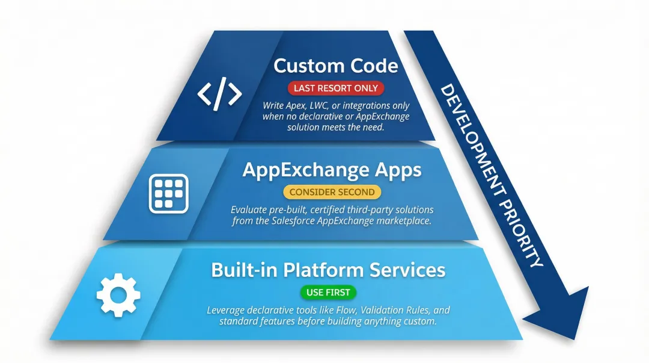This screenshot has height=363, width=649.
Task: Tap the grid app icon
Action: point(169,194)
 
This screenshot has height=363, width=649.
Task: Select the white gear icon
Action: point(118,294)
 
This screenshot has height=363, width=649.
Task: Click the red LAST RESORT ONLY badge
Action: point(335,88)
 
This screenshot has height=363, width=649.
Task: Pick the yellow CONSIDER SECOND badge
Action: point(332,192)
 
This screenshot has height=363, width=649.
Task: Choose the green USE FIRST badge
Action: point(328,293)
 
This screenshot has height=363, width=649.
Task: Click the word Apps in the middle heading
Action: point(396,170)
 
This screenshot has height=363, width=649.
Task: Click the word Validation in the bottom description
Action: point(380,311)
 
